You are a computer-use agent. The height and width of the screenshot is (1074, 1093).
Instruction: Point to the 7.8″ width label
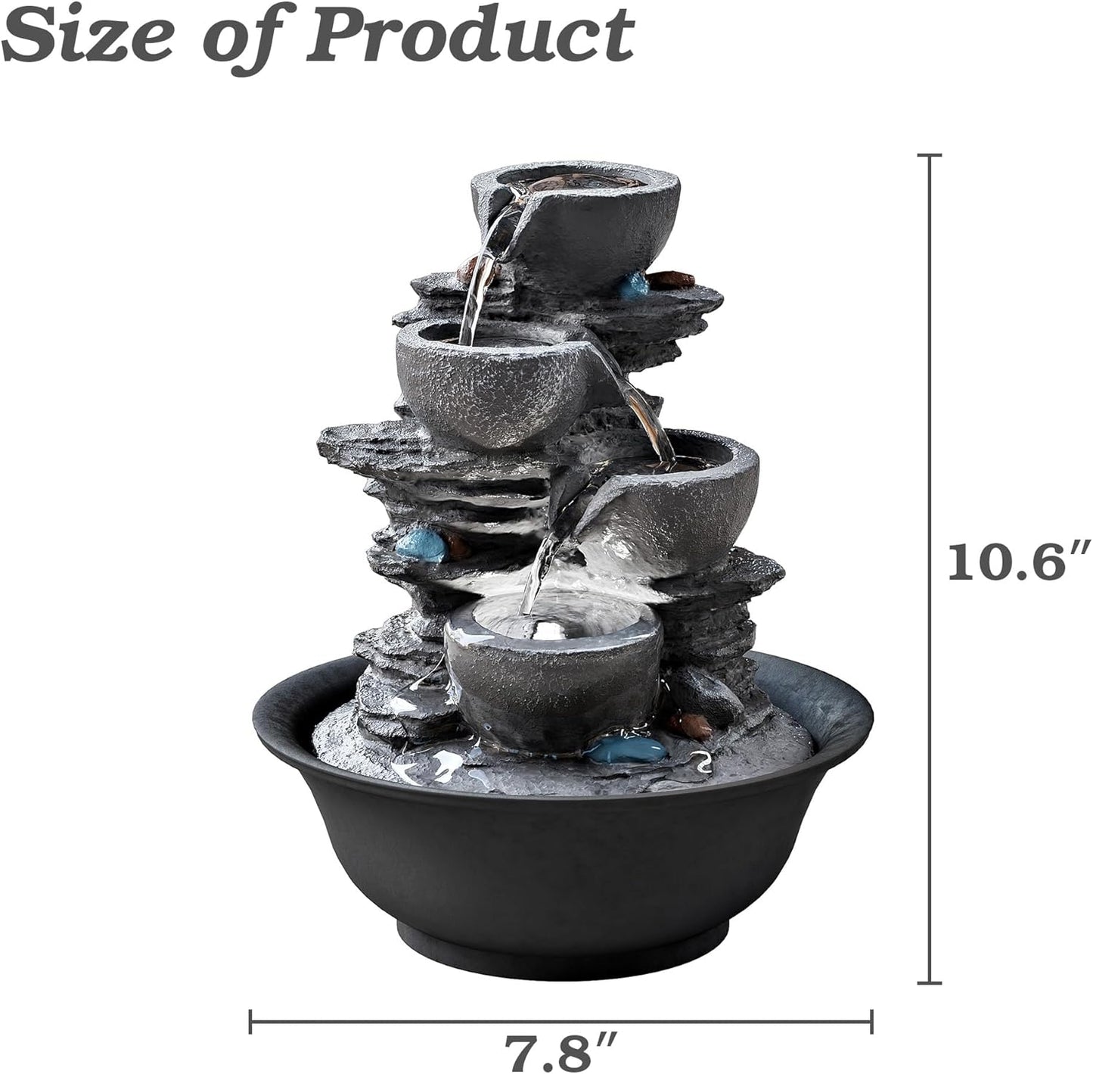563,1048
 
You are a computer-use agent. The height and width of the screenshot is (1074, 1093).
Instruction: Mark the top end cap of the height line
930,155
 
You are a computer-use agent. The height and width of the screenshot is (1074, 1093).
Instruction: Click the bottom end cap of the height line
930,983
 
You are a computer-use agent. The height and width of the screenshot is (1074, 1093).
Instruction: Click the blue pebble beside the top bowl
634,285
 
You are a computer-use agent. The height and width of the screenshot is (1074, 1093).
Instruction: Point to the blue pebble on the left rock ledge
421,544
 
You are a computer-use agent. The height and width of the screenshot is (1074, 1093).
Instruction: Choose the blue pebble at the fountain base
627,750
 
